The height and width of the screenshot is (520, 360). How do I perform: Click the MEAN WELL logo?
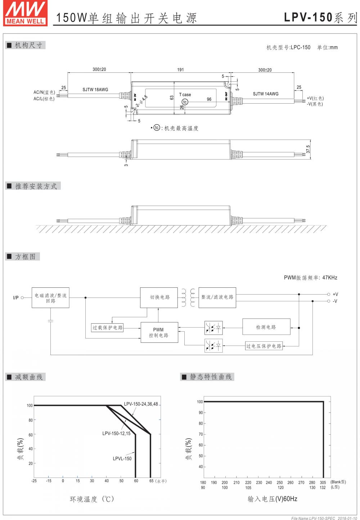(x=25, y=13)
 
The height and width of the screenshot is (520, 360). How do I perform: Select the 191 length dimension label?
(x=180, y=70)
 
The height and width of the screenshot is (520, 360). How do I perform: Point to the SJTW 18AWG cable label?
(x=95, y=90)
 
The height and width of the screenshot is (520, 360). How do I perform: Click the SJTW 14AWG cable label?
(x=265, y=94)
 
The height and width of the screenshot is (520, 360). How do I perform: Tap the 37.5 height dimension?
(x=308, y=149)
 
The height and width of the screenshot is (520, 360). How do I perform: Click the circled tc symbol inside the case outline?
(x=185, y=102)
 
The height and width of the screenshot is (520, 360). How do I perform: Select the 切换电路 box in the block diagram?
(x=159, y=297)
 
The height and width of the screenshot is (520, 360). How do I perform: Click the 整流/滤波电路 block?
(x=217, y=297)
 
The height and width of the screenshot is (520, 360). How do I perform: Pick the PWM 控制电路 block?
(x=159, y=332)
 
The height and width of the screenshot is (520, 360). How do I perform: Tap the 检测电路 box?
(x=266, y=327)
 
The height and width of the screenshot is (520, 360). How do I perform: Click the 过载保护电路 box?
(x=108, y=328)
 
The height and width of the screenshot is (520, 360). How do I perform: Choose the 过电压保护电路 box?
(x=264, y=346)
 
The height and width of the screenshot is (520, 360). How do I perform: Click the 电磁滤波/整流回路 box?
(x=50, y=298)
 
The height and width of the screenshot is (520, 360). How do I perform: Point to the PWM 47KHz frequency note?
(x=310, y=278)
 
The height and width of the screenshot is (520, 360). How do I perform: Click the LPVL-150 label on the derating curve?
(x=122, y=458)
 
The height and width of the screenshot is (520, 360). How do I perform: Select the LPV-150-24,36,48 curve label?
(x=141, y=404)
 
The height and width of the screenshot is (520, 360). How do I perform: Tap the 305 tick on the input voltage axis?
(x=323, y=483)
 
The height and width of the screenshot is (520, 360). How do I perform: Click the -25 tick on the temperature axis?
(x=34, y=481)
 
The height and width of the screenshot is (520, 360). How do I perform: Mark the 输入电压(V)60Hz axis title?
(x=272, y=499)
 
